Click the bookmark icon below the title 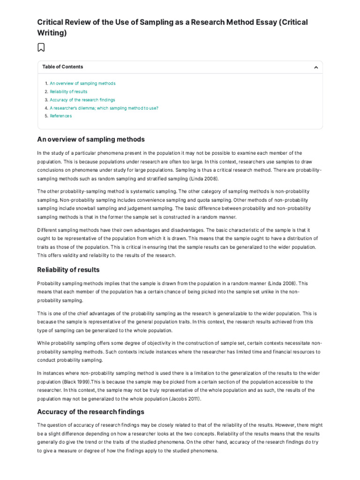tap(41, 47)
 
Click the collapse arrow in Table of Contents tap(316, 67)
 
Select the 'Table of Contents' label tap(62, 67)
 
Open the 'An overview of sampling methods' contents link tap(82, 83)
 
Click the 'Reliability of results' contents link tap(68, 92)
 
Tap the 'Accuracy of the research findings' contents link tap(82, 100)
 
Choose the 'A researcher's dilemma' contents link tap(104, 108)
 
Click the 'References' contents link tap(61, 116)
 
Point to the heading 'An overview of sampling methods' tap(91, 139)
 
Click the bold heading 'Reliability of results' tap(68, 270)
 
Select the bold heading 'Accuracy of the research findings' tap(90, 412)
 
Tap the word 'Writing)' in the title tap(52, 33)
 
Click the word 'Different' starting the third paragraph tap(47, 230)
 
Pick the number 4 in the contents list tap(46, 108)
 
